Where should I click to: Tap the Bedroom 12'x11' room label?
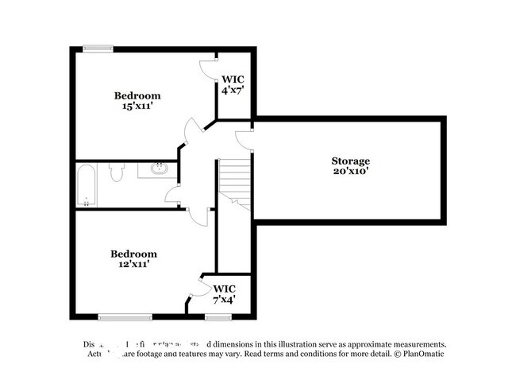tap(133, 258)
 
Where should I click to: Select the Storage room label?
tap(350, 161)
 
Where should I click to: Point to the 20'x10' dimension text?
tap(350, 171)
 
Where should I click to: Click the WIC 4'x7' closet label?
tap(232, 85)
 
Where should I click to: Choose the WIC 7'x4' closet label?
tap(223, 294)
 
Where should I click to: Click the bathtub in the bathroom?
tap(87, 184)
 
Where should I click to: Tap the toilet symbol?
tap(116, 173)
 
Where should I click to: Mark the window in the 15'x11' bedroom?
tap(99, 49)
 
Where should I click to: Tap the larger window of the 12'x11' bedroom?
tap(125, 317)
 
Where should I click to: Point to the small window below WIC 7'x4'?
tap(216, 317)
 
